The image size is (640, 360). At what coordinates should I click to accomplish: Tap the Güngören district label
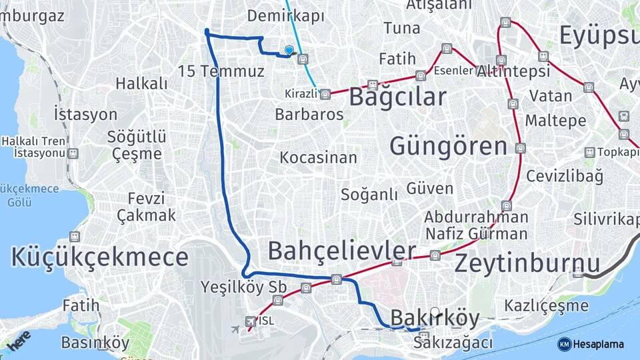[x=448, y=145]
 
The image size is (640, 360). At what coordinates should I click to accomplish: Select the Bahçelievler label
[x=341, y=251]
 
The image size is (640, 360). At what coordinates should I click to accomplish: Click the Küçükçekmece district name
[x=99, y=257]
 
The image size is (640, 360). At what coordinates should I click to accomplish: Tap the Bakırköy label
[x=426, y=319]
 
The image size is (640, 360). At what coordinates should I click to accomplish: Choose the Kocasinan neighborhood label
[x=318, y=159]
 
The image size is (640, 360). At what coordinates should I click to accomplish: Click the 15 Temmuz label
[x=221, y=71]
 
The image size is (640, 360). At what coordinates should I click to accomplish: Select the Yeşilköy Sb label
[x=243, y=287]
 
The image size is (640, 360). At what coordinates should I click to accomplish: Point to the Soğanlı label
[x=369, y=195]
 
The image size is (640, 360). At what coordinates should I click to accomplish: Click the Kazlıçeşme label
[x=547, y=306]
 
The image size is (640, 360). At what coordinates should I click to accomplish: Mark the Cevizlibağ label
[x=564, y=177]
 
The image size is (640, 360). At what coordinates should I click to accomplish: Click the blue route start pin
[x=289, y=50]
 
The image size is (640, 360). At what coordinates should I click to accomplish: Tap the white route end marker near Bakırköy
[x=435, y=311]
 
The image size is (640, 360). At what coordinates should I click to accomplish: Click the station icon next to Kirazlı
[x=325, y=95]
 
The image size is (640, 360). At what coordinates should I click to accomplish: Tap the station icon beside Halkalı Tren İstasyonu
[x=73, y=153]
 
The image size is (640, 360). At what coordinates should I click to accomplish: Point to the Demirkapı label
[x=285, y=16]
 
